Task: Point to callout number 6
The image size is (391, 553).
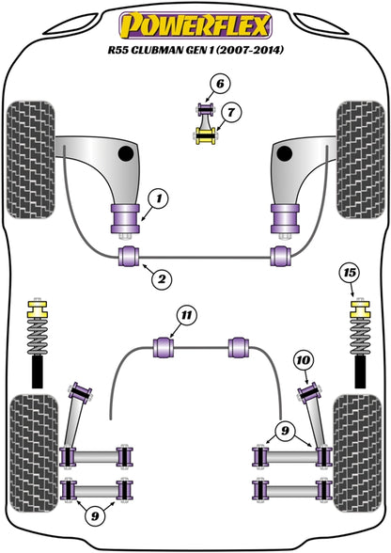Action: [219, 84]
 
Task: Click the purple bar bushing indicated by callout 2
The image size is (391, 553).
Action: [124, 258]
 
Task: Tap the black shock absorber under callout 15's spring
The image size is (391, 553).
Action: [358, 374]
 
